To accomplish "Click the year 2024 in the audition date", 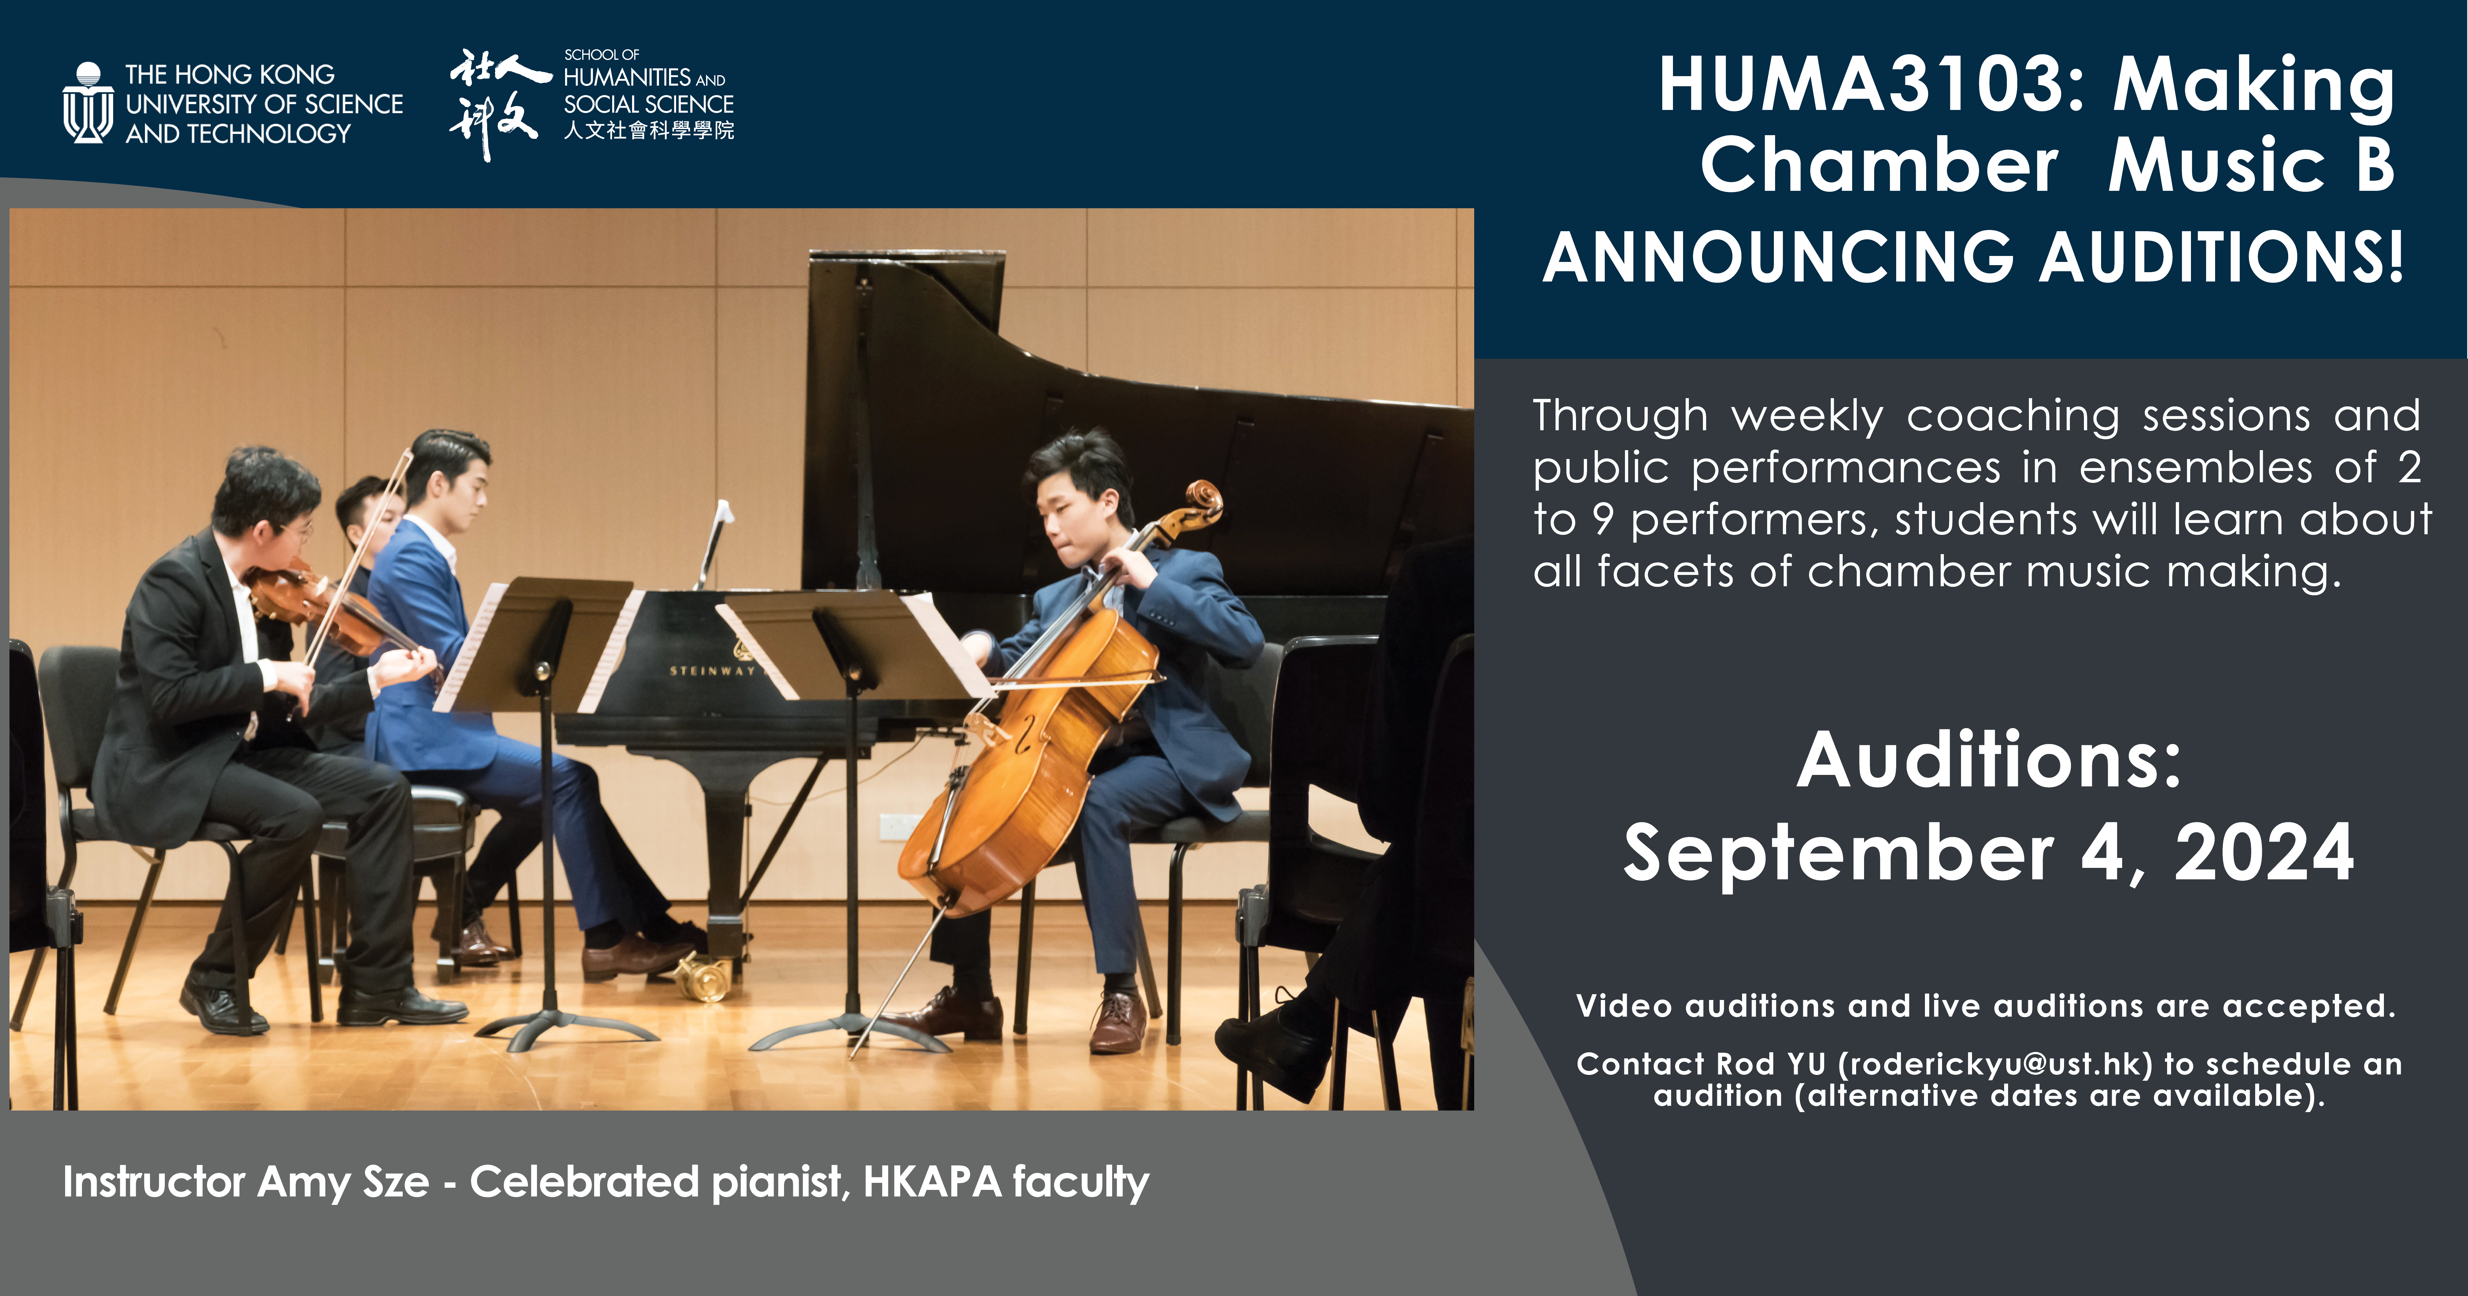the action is (x=2264, y=853).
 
